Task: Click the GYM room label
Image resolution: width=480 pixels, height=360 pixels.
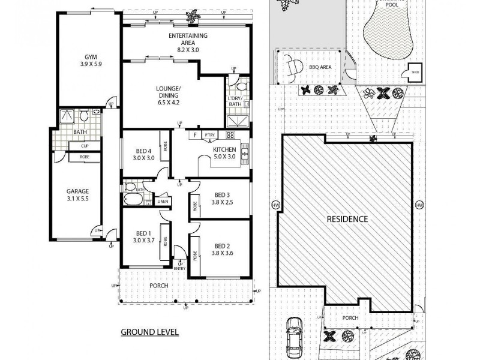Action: (x=91, y=58)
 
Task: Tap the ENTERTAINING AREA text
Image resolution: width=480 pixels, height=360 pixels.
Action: (x=188, y=36)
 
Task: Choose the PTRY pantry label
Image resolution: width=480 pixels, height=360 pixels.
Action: (x=209, y=136)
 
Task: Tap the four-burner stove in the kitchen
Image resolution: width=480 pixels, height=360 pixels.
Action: (x=230, y=135)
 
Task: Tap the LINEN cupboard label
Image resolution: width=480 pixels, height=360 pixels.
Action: (x=163, y=202)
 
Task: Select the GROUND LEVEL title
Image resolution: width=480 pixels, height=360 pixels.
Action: (x=149, y=331)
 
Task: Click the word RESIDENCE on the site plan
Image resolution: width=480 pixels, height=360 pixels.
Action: (x=347, y=219)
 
